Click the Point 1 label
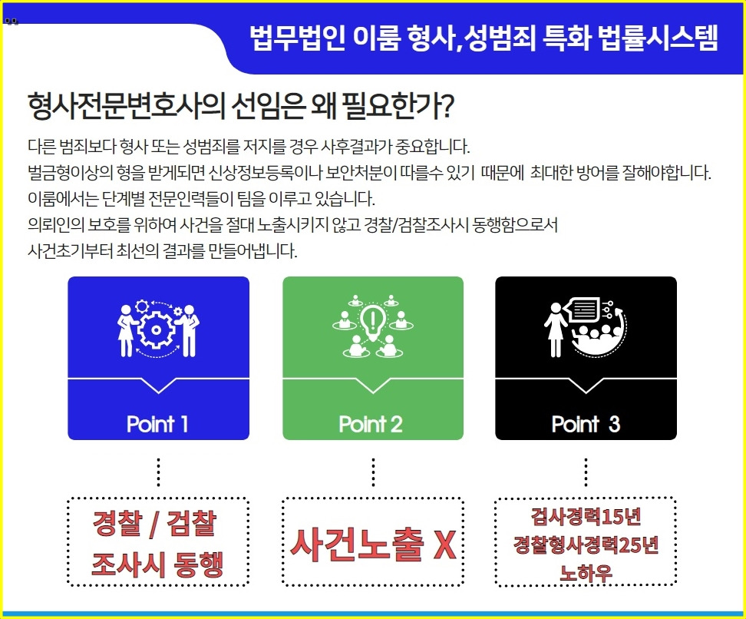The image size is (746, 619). coord(157,424)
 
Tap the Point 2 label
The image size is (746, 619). coord(371,424)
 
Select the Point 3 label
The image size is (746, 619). coord(586,424)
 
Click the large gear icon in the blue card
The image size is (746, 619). coord(158,329)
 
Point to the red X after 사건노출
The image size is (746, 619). coord(444,545)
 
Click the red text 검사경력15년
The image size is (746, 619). coord(585,515)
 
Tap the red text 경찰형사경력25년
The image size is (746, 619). coord(586,545)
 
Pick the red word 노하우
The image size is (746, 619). coord(586,573)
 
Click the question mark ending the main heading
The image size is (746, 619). coord(444,105)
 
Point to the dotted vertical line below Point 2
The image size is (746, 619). coord(373,472)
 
